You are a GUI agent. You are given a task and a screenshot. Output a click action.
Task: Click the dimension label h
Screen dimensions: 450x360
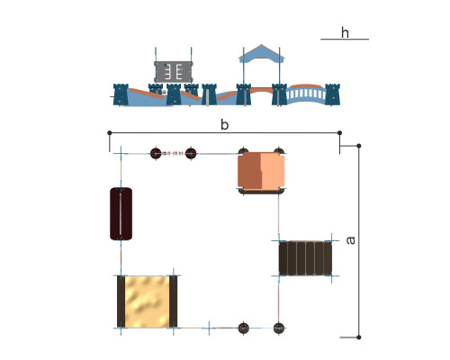point(345,32)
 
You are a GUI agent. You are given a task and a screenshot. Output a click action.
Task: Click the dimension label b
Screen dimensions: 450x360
point(224,124)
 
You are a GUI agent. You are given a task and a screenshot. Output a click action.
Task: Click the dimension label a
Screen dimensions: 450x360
point(350,240)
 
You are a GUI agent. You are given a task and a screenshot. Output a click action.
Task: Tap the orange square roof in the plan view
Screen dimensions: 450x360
point(261,171)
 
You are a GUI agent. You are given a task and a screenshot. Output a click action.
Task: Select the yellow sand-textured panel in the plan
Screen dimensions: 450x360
point(147,301)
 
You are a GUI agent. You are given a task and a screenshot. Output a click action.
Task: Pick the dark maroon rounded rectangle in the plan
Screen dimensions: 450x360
point(121,213)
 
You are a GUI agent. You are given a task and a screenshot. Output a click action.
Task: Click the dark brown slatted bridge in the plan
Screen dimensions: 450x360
point(305,258)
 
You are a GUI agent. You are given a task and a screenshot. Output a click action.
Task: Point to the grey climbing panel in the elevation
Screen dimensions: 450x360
point(174,72)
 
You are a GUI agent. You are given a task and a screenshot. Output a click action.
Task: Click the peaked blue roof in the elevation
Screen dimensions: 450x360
point(262,53)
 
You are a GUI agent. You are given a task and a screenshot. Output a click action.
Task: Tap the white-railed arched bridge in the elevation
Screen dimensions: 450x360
point(306,94)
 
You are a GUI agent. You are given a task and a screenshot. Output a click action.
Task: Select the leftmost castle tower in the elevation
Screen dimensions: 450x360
point(121,94)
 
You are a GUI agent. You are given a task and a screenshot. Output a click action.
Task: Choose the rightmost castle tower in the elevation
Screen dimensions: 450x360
point(333,94)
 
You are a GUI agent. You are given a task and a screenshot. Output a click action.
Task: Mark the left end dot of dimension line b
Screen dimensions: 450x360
point(110,132)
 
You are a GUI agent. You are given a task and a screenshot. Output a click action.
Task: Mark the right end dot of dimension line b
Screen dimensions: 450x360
point(339,132)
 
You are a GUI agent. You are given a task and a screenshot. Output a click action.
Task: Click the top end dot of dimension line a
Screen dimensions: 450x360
point(359,146)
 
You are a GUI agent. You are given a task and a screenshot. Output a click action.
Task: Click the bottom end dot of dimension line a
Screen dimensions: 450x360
point(359,337)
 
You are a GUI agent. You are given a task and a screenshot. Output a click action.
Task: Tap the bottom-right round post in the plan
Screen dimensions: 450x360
point(279,328)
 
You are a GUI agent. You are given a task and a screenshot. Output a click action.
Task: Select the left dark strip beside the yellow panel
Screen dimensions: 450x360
point(121,301)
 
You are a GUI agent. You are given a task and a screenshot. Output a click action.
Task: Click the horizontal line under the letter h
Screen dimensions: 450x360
point(345,39)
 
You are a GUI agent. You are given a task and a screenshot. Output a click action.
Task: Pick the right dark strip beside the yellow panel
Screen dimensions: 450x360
point(173,301)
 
